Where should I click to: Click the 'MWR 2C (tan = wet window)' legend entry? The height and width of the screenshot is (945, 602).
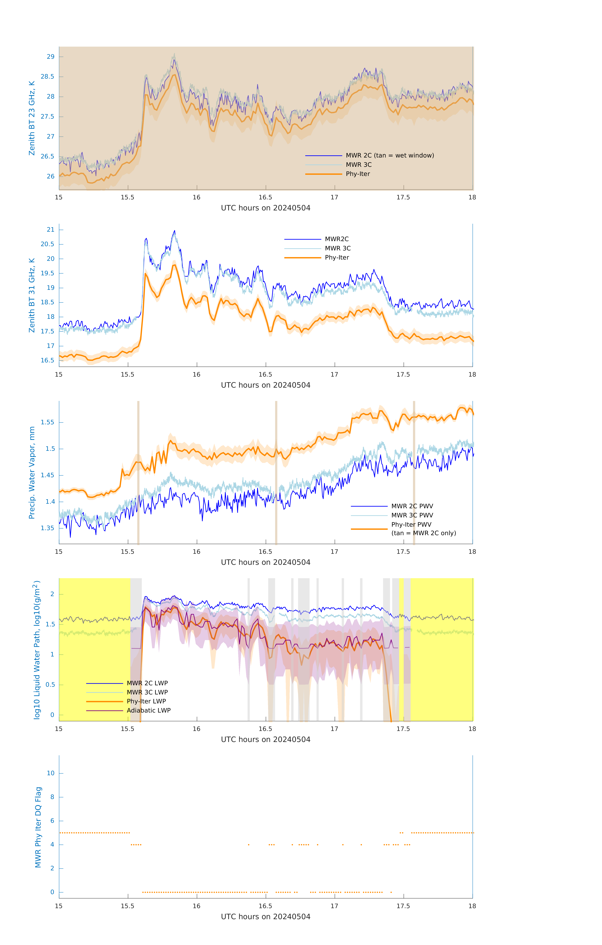[x=389, y=155]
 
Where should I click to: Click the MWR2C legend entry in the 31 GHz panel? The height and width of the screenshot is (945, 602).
[x=336, y=239]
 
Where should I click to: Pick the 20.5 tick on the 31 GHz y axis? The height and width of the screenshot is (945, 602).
[x=48, y=244]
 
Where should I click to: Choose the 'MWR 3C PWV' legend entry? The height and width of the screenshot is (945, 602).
[x=412, y=515]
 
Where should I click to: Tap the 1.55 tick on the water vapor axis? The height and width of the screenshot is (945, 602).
[x=48, y=422]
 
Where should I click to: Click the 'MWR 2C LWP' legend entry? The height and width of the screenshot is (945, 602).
[x=147, y=683]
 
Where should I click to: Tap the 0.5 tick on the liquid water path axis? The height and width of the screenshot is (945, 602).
[x=50, y=685]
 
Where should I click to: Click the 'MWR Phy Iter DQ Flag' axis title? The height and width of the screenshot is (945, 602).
[x=38, y=827]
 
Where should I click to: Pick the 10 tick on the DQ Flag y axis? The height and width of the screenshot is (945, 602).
[x=51, y=773]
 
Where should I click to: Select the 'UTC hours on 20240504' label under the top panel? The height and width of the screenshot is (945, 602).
[x=266, y=208]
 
